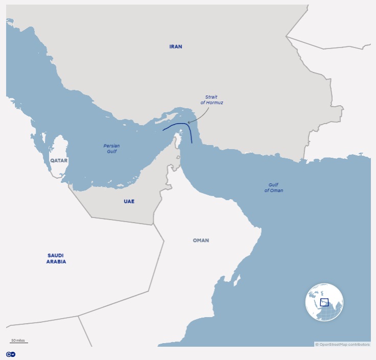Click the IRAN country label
(175, 46)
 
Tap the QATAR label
(59, 160)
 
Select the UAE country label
(129, 201)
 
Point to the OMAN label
(201, 241)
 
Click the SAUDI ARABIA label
(56, 258)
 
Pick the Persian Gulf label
(111, 149)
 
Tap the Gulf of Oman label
(273, 187)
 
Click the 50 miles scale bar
(18, 341)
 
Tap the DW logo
(10, 354)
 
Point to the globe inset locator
(324, 302)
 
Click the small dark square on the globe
(324, 302)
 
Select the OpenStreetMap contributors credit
(342, 345)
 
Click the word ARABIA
(56, 261)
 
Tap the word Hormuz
(215, 103)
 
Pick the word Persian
(111, 146)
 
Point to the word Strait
(211, 97)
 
